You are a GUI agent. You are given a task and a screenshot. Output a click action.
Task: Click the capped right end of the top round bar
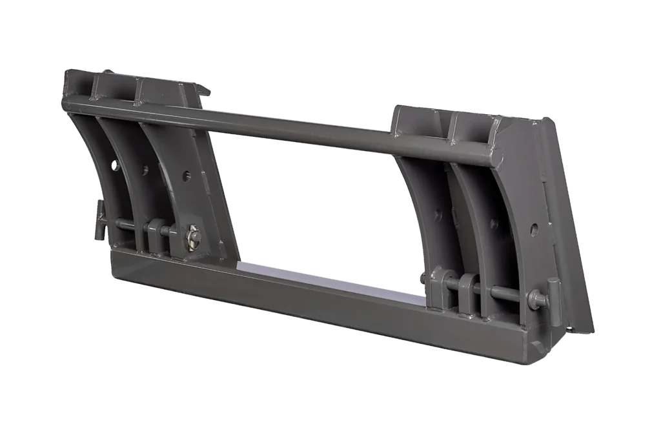tap(496, 156)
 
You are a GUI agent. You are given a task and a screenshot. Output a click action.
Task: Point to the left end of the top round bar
tap(66, 103)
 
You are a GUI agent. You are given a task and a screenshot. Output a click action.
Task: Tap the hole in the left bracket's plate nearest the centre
tap(186, 176)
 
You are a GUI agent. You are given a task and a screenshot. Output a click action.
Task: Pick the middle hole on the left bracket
tap(145, 170)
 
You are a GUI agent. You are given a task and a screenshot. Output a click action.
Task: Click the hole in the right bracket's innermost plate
tap(438, 216)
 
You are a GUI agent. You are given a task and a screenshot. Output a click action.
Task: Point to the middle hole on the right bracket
tap(494, 224)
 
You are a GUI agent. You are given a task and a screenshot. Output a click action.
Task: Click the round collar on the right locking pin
tap(535, 299)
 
